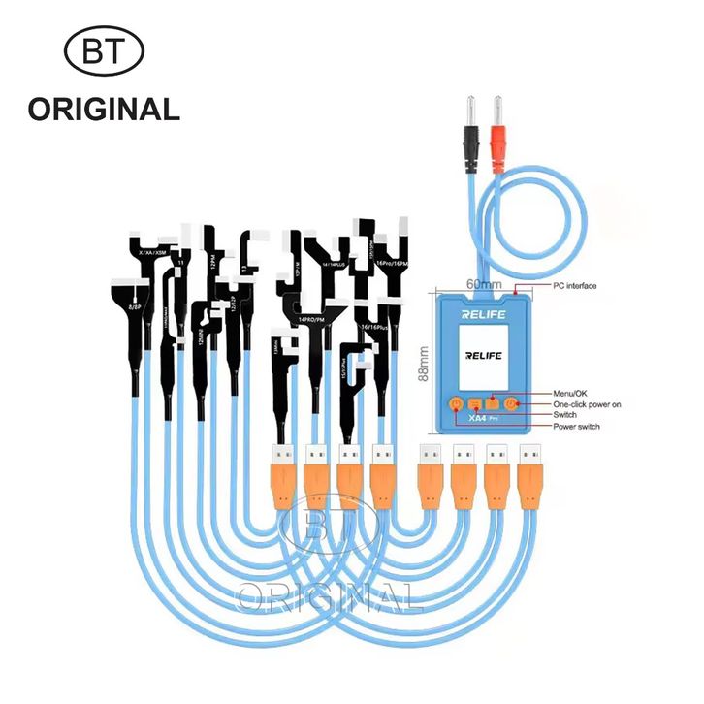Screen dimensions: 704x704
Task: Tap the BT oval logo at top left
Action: (104, 49)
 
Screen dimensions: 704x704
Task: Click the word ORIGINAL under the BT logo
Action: (104, 109)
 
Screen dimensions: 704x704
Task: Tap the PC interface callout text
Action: (575, 286)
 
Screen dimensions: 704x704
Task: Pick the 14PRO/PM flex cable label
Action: (316, 319)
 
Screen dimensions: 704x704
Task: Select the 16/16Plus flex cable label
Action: (377, 328)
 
